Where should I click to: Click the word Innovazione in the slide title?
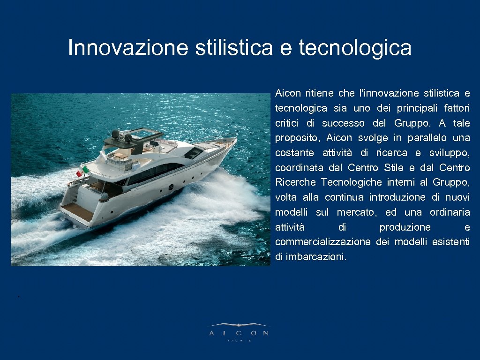click(128, 47)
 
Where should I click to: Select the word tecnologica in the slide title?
click(355, 47)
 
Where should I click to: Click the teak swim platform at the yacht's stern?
click(76, 212)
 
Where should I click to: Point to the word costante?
click(294, 153)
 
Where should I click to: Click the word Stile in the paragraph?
click(394, 168)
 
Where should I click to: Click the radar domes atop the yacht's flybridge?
click(121, 135)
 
